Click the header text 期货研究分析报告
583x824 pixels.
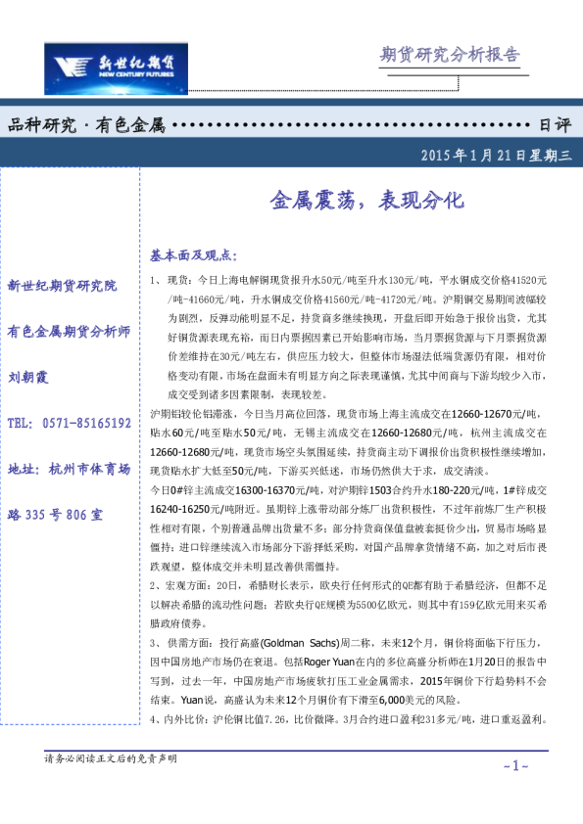click(450, 55)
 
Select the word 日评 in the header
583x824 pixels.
click(555, 125)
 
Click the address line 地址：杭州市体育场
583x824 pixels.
click(69, 470)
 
